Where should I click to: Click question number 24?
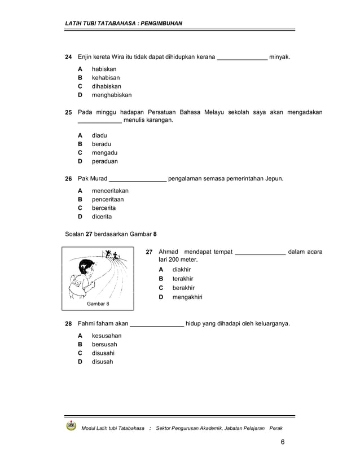(x=68, y=58)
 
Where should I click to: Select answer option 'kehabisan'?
(x=106, y=78)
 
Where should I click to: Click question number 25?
(x=68, y=113)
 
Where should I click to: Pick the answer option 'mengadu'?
(x=105, y=153)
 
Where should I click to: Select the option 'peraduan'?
(x=105, y=161)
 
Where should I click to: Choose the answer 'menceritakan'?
(x=110, y=191)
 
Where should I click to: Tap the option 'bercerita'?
(x=104, y=208)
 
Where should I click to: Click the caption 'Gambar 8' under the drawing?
(x=98, y=304)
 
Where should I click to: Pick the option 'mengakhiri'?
(x=187, y=297)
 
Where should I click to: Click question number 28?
(x=68, y=324)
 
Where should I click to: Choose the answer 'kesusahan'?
(x=107, y=336)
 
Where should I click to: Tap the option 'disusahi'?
(x=103, y=353)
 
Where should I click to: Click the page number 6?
(x=282, y=441)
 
